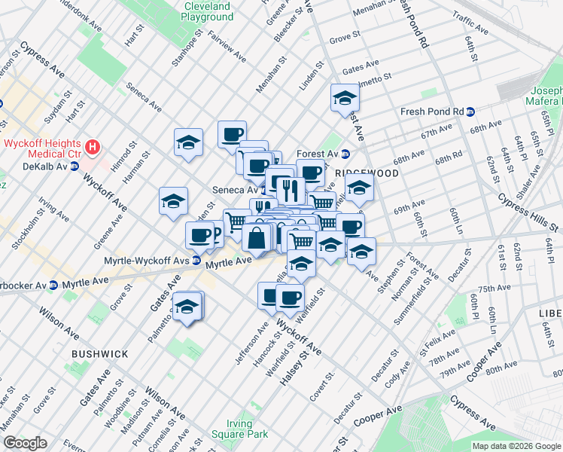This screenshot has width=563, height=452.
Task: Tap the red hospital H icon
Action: (x=93, y=146)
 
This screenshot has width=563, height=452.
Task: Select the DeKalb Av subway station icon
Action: (x=75, y=166)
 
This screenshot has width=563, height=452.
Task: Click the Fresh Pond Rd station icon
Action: (x=470, y=111)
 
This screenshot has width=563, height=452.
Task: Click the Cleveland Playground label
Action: (x=208, y=11)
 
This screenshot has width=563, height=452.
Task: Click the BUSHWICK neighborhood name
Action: (x=99, y=353)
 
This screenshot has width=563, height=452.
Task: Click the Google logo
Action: (x=26, y=443)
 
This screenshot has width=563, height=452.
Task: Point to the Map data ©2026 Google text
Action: (x=516, y=446)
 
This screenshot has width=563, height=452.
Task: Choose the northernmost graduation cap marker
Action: (x=345, y=98)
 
